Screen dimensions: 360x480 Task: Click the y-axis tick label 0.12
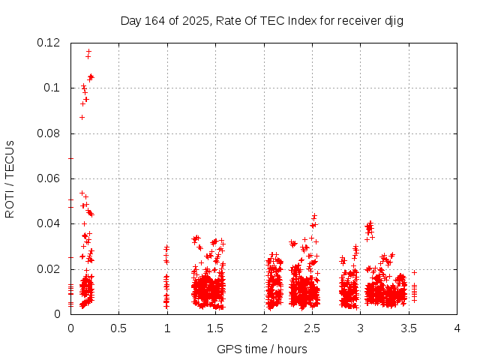[49, 43]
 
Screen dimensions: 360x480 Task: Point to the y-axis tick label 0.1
[52, 88]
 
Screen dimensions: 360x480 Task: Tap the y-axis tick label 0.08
[49, 133]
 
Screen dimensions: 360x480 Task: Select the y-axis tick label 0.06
[49, 178]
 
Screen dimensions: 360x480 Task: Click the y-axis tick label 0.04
[49, 223]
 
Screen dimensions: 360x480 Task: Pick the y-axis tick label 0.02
[49, 269]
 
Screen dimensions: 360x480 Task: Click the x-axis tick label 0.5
[118, 328]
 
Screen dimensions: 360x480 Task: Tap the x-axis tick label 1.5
[215, 328]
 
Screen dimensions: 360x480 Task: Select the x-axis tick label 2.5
[312, 328]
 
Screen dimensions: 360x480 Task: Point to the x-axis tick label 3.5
[409, 328]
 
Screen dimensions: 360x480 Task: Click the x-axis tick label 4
[457, 328]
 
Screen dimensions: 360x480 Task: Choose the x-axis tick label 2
[264, 328]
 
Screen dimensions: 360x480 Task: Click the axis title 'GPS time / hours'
[262, 349]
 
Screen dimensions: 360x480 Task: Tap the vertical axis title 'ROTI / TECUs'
[10, 178]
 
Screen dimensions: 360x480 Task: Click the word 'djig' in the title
[394, 20]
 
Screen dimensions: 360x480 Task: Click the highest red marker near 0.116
[88, 52]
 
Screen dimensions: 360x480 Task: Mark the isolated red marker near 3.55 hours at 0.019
[414, 272]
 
